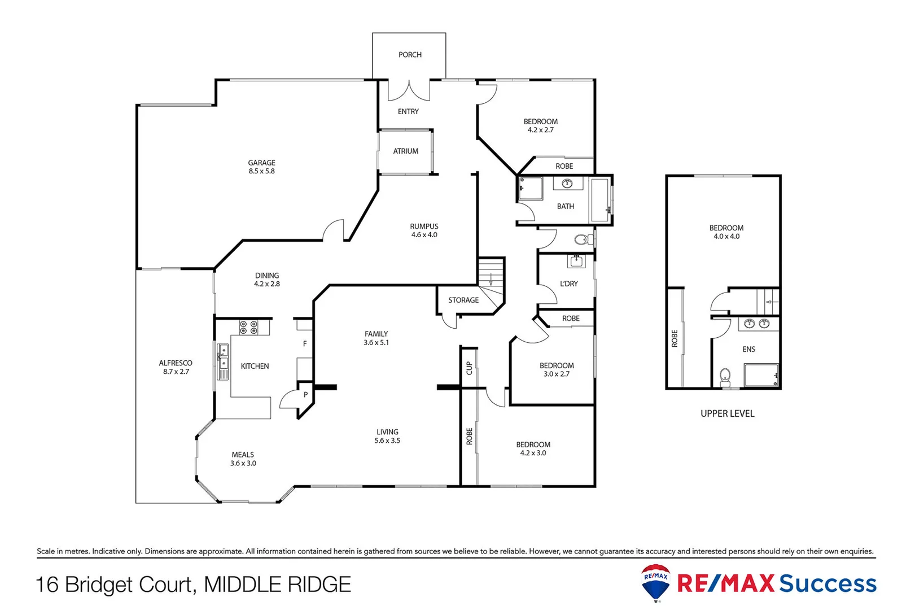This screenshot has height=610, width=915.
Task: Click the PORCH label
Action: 410,55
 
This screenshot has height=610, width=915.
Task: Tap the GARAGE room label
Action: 261,163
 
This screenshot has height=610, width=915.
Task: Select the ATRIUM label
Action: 405,151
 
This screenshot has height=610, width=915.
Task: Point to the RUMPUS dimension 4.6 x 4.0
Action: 424,235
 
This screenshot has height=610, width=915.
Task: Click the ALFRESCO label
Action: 176,363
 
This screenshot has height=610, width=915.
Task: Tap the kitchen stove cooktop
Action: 248,328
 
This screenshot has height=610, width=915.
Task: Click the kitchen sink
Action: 224,357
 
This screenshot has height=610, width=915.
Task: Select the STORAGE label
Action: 463,300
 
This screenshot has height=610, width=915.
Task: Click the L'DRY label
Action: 568,284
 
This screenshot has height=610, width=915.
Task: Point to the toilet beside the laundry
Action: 581,240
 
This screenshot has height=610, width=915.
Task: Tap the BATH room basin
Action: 567,184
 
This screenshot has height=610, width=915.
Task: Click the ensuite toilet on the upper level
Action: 725,375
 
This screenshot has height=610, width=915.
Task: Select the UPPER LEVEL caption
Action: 727,414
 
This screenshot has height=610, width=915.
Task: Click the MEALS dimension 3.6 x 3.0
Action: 243,464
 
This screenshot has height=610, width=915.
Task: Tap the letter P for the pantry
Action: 305,395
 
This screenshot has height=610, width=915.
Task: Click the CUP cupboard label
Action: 469,368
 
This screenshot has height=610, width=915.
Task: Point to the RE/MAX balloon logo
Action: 656,582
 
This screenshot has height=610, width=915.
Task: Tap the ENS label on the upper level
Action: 748,350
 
